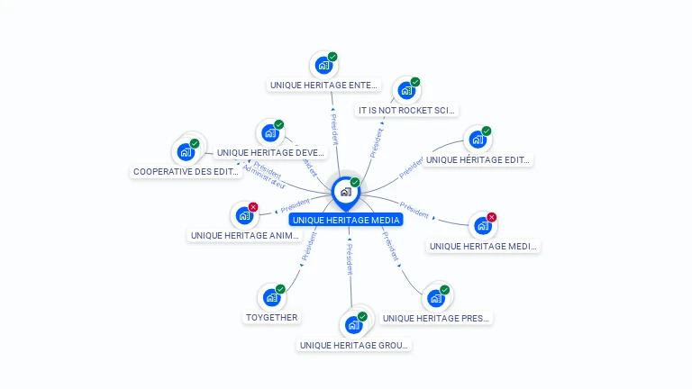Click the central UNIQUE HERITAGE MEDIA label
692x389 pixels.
click(x=346, y=220)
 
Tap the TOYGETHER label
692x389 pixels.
click(x=271, y=317)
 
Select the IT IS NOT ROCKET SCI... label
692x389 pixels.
click(x=407, y=111)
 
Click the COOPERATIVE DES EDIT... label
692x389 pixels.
click(x=187, y=171)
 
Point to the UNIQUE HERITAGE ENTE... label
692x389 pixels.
click(x=324, y=86)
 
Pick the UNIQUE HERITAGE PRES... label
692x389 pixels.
click(x=437, y=318)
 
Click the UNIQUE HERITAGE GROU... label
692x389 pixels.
click(x=354, y=345)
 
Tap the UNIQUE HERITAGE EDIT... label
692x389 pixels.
click(x=478, y=160)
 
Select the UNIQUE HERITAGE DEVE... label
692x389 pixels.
click(x=270, y=153)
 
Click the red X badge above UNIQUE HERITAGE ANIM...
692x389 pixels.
click(x=253, y=207)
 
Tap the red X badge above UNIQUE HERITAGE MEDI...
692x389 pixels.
click(x=491, y=217)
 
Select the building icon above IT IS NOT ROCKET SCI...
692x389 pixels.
click(x=406, y=91)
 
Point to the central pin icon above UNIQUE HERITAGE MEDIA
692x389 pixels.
click(x=345, y=191)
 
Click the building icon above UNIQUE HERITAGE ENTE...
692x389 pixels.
click(x=323, y=65)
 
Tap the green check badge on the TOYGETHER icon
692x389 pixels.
click(x=280, y=289)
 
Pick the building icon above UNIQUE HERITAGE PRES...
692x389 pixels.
click(x=436, y=298)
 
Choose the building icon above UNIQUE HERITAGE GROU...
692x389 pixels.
click(x=353, y=324)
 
